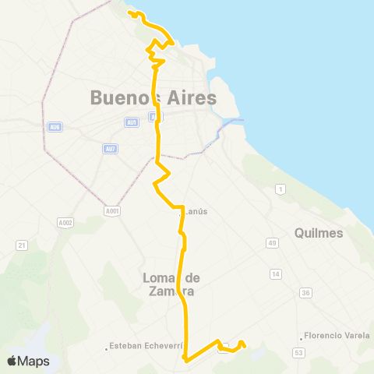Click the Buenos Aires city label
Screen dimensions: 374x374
153,98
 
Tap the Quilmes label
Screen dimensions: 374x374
319,233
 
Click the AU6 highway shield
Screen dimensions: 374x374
54,127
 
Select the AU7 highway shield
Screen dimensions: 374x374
109,149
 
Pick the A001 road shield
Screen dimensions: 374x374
112,210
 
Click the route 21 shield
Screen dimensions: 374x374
22,245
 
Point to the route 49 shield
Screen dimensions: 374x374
272,244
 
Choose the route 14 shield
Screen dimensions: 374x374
275,274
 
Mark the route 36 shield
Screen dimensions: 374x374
305,293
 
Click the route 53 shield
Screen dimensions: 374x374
298,353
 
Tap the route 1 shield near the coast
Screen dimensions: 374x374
280,189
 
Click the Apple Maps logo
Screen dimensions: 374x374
28,361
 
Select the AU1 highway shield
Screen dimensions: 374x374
131,122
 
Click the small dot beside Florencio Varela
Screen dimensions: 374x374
302,337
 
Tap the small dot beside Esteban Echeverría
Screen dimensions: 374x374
106,348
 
